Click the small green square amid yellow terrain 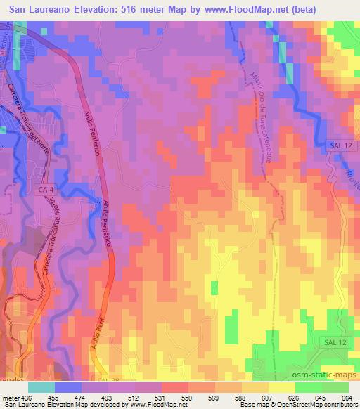tap(214, 287)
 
